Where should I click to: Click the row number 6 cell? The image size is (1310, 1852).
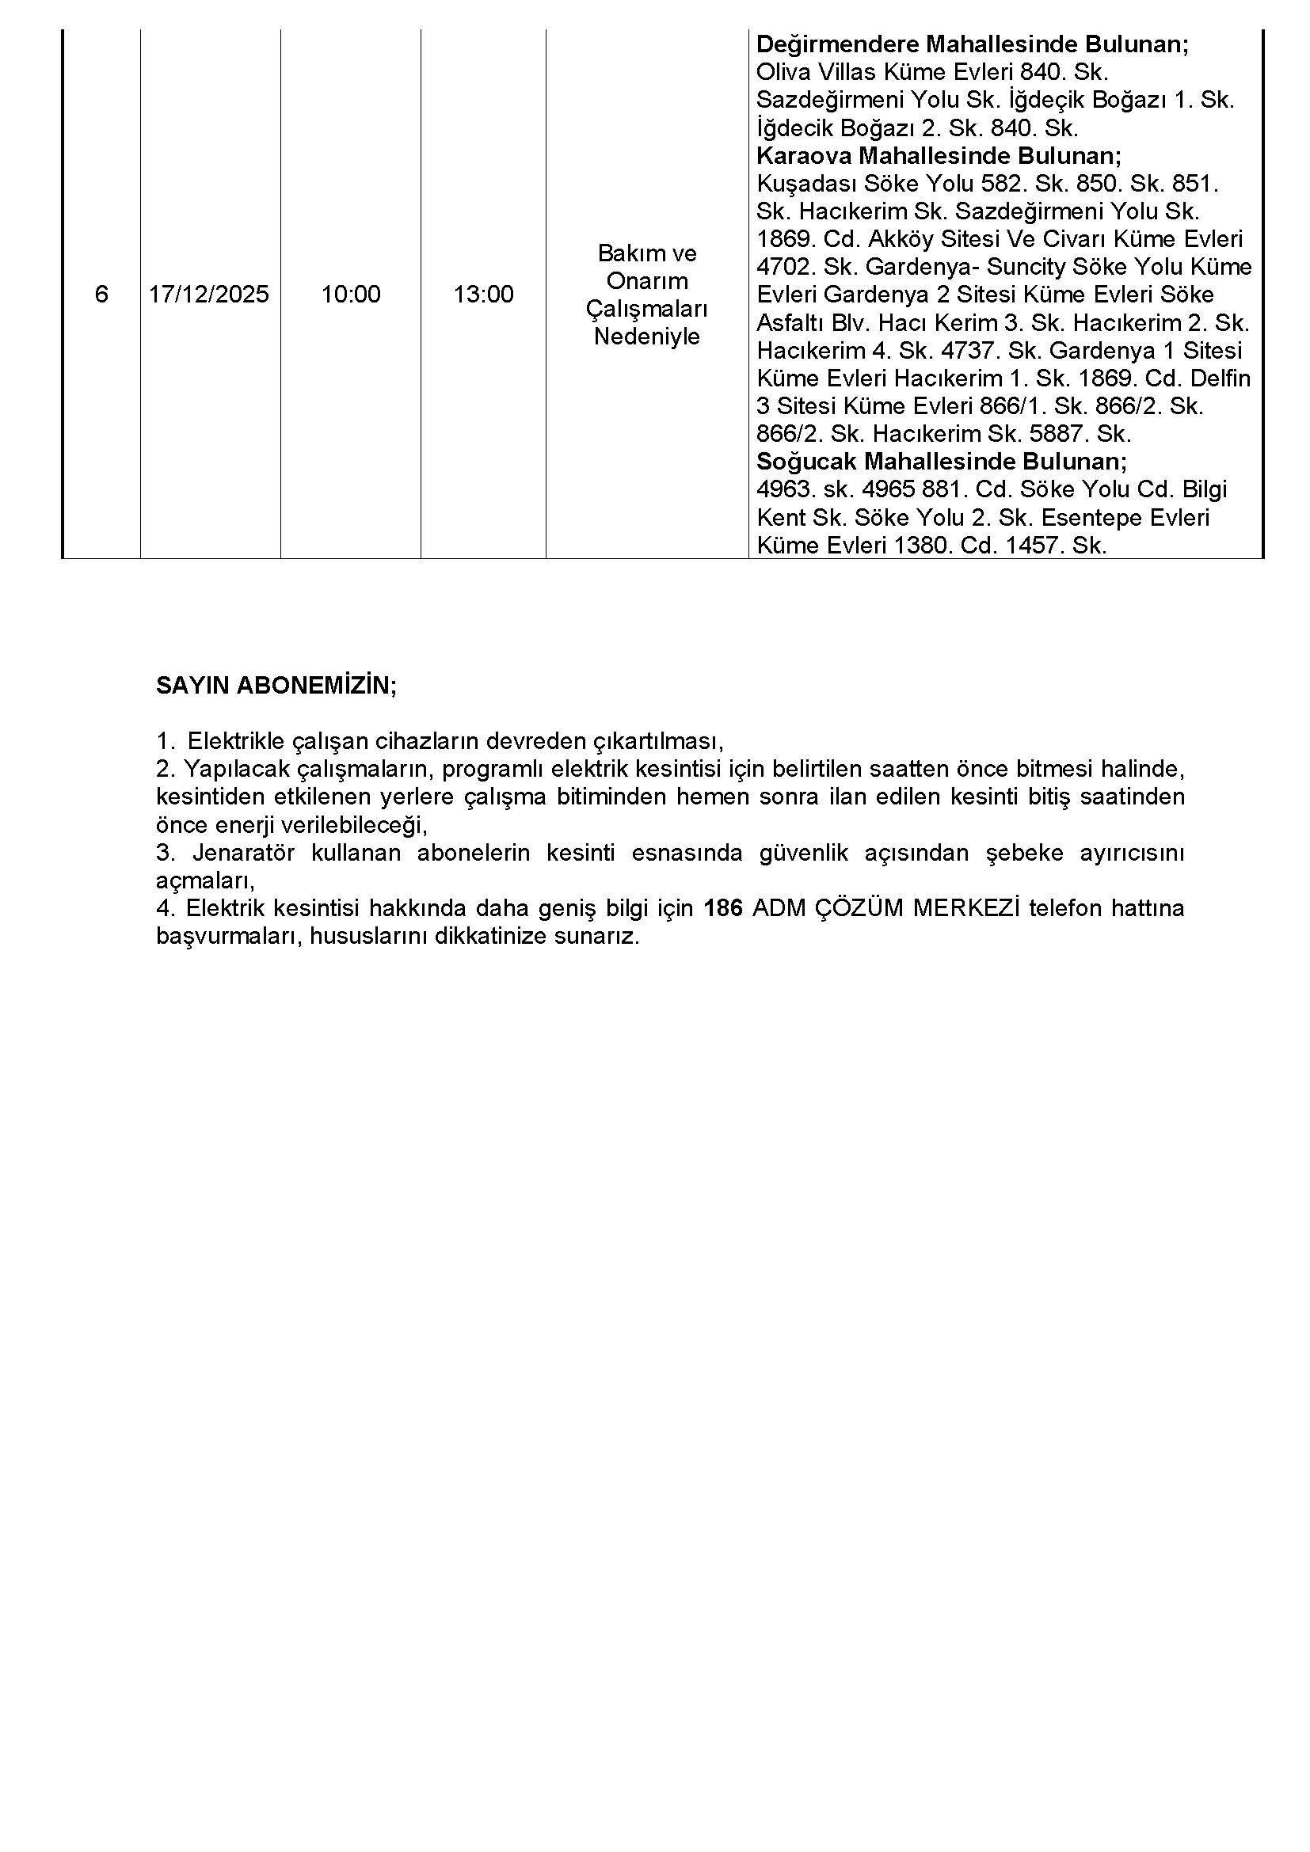[x=101, y=295]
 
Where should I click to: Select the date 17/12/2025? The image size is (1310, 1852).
[x=209, y=295]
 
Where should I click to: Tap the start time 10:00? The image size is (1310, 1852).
[x=351, y=295]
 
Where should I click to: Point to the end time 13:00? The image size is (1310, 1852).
[x=483, y=295]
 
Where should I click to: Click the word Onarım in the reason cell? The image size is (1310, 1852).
[x=647, y=281]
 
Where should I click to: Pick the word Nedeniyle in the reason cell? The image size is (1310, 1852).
[x=647, y=337]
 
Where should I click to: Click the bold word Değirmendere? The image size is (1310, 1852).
[x=837, y=44]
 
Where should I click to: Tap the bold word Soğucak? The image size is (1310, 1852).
[x=807, y=462]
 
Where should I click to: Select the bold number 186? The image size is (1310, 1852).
[x=723, y=908]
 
